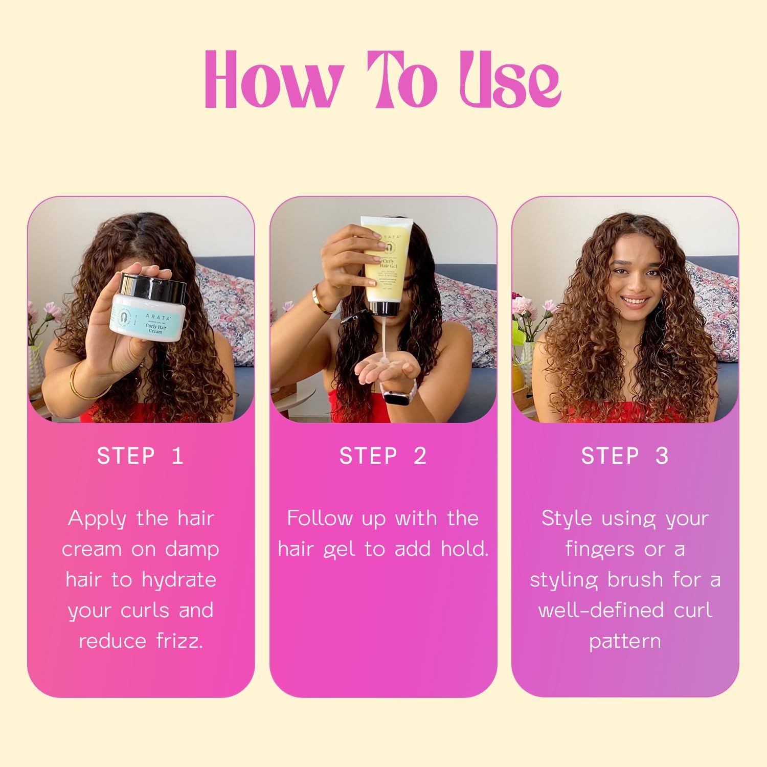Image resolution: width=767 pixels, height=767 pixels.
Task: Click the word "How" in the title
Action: coord(274,81)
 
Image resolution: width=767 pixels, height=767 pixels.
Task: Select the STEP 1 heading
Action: coord(140,456)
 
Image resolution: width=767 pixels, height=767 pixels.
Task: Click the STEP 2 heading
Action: coord(382,456)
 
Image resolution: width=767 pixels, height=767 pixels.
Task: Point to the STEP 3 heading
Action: coord(625,456)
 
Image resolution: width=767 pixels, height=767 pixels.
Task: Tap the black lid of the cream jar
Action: coord(153,286)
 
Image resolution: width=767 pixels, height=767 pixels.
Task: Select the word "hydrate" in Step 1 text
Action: coord(178,579)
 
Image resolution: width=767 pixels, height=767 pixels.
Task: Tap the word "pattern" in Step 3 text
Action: coord(625,641)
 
